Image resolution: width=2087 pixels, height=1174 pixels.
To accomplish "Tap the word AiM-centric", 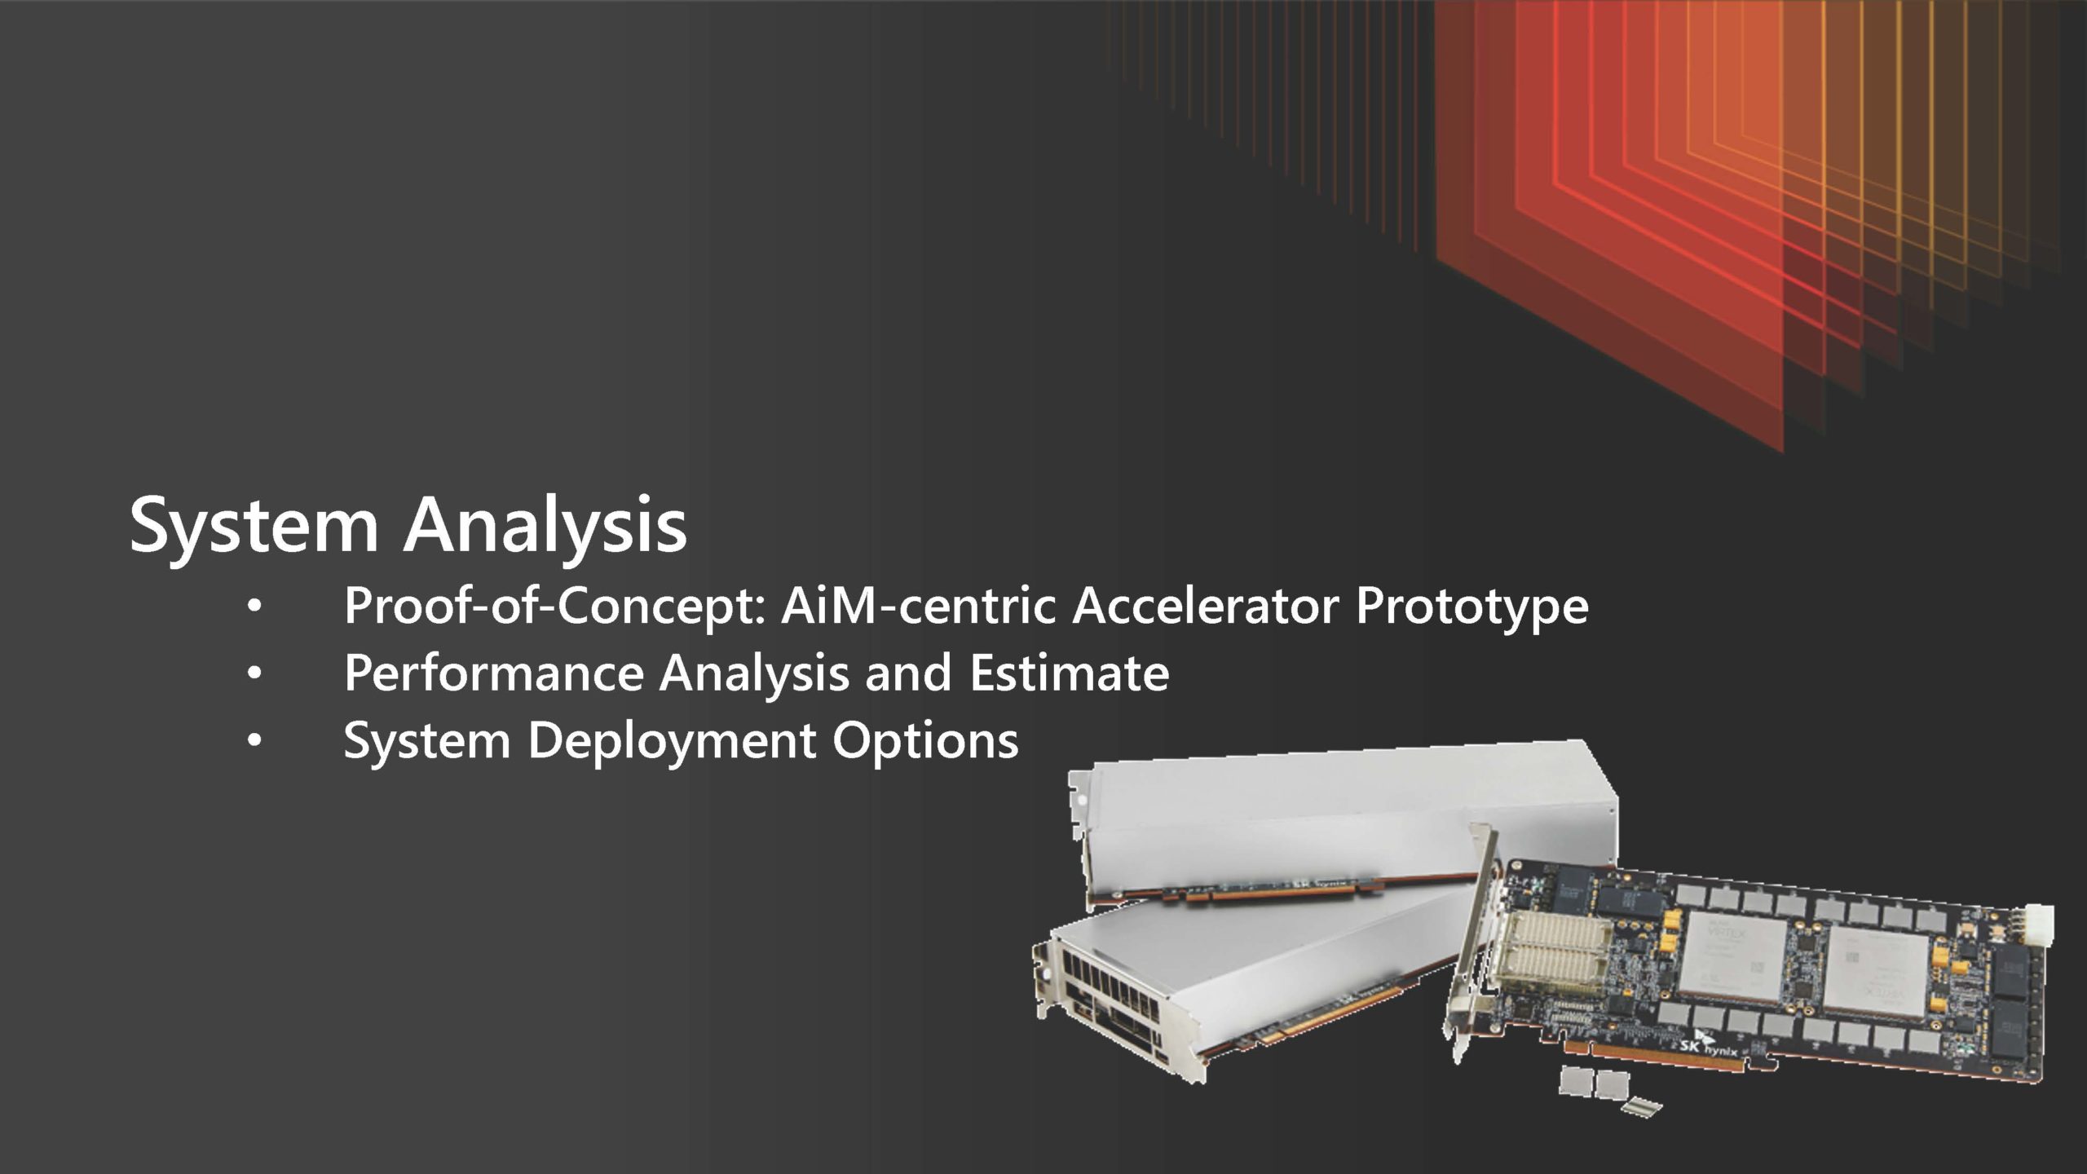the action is pos(918,606).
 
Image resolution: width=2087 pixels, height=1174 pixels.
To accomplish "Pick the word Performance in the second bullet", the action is pos(494,673).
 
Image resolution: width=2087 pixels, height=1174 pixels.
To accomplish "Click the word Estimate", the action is pos(1070,673).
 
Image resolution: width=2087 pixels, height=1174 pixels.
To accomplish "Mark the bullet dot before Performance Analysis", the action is pos(254,674).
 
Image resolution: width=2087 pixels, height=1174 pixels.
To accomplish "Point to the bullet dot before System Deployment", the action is pos(254,741).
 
